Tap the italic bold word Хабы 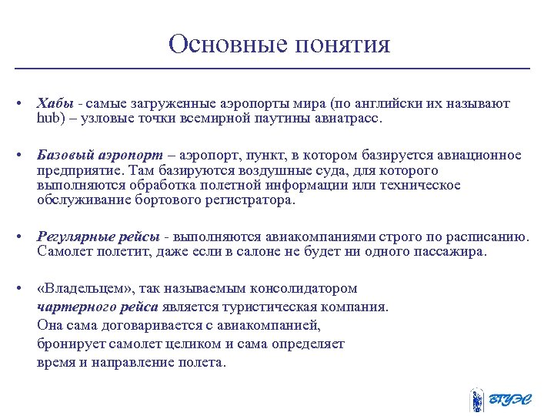tap(55, 103)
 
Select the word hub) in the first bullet tap(52, 120)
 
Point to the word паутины tap(276, 120)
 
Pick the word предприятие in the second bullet tap(80, 171)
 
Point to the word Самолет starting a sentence tap(63, 252)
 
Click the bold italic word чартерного tap(75, 307)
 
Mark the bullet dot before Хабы tap(22, 104)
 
